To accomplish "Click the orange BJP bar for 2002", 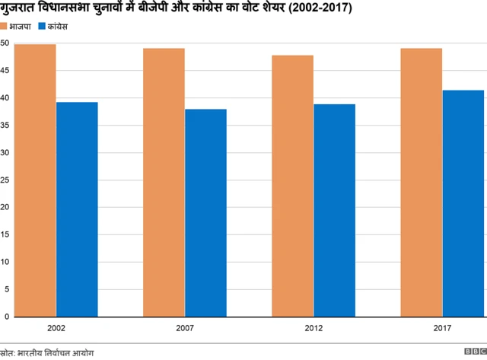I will click(35, 180).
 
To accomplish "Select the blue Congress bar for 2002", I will click(77, 209).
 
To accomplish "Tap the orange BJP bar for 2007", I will click(164, 183).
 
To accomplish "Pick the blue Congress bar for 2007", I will click(205, 212).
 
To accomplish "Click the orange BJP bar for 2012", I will click(292, 186).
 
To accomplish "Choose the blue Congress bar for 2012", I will click(334, 210).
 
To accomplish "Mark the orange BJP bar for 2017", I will click(421, 183).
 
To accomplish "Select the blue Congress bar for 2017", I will click(463, 203).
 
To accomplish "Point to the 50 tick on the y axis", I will click(5, 43).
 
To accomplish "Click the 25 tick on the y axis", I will click(5, 180).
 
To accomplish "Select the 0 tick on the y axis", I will click(7, 316).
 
